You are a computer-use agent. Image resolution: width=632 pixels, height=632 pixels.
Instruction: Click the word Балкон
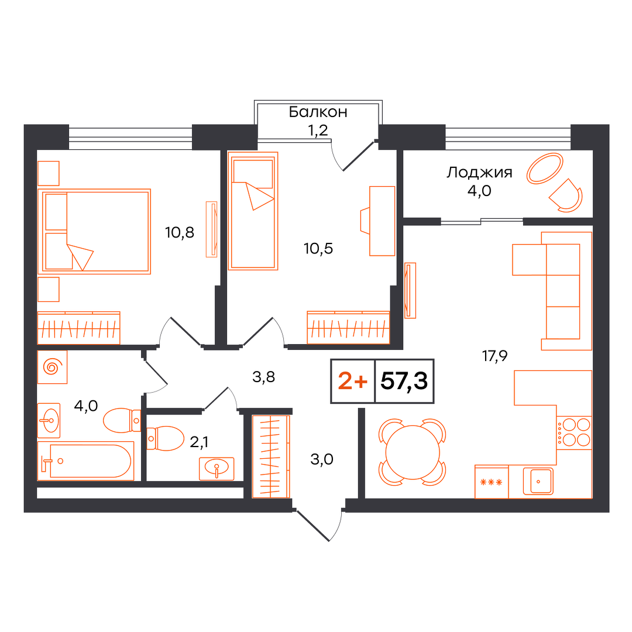coord(318,112)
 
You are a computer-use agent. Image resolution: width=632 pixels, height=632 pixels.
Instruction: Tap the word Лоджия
coord(479,173)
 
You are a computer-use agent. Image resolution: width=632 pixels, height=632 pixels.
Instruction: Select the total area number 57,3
coord(404,380)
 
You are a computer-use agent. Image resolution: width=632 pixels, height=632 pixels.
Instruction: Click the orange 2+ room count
coord(353,381)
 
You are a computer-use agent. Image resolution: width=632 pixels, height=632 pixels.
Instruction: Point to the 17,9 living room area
coord(494,356)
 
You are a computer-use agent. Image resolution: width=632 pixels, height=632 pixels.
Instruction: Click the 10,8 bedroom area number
coord(180,232)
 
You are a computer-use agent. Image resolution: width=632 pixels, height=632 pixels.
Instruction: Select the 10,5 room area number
coord(318,249)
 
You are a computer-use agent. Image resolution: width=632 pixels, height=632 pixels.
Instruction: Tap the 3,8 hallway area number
coord(263,377)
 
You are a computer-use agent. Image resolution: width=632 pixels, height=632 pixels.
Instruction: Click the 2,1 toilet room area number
coord(199,442)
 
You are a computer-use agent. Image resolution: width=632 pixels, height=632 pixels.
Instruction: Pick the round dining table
coord(413,452)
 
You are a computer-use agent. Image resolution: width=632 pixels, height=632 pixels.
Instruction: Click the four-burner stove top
coord(574,432)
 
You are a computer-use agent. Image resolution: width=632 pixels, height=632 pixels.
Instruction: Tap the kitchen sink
coord(538,481)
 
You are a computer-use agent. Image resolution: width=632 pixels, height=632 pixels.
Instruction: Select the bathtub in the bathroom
coord(85,461)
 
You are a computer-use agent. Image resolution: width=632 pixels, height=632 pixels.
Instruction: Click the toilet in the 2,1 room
coord(165,438)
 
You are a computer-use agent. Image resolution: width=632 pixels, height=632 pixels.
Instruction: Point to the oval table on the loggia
coord(545,168)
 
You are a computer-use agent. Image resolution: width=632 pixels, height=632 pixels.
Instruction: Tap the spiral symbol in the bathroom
coord(53,367)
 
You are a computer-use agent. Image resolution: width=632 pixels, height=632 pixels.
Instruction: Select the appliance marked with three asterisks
coord(492,482)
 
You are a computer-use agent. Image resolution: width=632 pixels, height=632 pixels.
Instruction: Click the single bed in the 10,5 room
coord(253,211)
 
